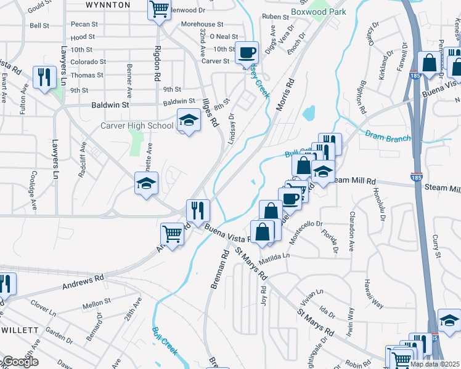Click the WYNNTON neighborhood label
(108, 5)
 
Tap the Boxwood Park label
(318, 11)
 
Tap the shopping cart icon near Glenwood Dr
(160, 9)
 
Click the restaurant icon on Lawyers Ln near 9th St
(44, 77)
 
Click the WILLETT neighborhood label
(20, 330)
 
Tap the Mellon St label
(96, 303)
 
